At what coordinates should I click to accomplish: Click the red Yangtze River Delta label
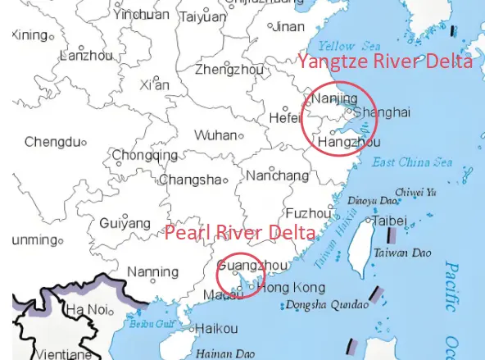[384, 62]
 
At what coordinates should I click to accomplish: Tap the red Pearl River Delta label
[240, 232]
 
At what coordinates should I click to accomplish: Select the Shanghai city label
[383, 112]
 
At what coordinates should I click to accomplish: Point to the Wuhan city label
[215, 135]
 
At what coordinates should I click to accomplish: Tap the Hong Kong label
[295, 287]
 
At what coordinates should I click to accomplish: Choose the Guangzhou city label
[254, 266]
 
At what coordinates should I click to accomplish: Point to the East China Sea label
[412, 162]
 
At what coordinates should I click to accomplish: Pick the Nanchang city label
[277, 175]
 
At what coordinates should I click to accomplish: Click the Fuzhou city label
[308, 212]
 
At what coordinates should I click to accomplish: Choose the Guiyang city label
[125, 223]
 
